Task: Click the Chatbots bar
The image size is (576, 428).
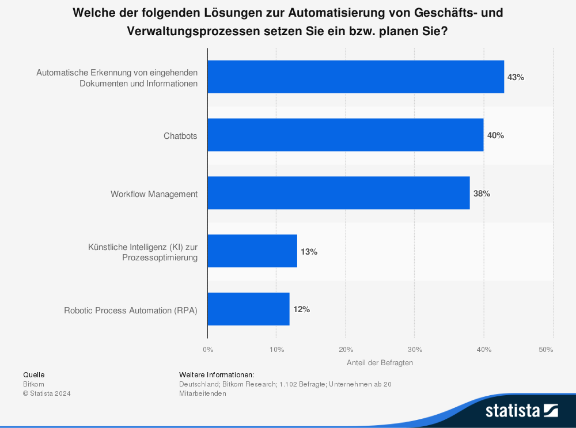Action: point(346,135)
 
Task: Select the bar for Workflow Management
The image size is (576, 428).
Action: point(339,194)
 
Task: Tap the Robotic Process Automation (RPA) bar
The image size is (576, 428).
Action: point(248,309)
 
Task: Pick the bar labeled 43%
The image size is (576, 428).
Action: point(355,77)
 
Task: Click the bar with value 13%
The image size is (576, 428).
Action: point(252,251)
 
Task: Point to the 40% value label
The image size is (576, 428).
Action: point(495,135)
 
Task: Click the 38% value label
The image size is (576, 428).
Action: point(482,194)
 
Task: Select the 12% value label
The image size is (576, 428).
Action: point(301,309)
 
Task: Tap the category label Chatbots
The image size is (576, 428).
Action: point(180,136)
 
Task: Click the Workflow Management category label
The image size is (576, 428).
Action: point(154,194)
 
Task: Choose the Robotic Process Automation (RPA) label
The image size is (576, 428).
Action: point(131,310)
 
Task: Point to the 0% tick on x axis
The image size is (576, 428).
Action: point(208,349)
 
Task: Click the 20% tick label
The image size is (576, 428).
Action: point(346,349)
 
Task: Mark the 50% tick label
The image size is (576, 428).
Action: point(546,349)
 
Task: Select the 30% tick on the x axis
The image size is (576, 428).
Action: point(415,349)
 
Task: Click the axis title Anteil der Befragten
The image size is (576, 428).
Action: point(380,363)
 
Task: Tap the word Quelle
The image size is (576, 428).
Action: point(33,374)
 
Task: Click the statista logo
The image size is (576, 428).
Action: point(521,410)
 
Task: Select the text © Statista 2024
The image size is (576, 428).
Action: point(47,393)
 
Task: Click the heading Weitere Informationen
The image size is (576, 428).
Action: point(217,374)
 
